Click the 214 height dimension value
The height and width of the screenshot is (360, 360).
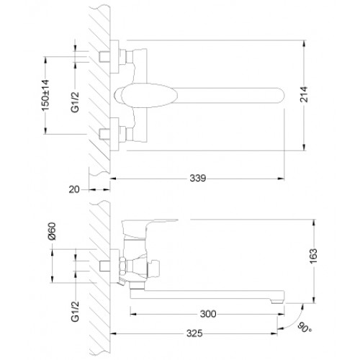tap(304, 94)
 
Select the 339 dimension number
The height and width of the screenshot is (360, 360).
tap(198, 179)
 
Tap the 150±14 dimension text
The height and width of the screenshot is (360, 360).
tap(45, 96)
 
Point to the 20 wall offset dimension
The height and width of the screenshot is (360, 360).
tap(74, 189)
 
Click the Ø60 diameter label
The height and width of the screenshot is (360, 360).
tap(52, 231)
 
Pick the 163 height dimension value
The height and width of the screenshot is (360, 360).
tap(313, 256)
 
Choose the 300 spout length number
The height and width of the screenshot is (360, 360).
tap(208, 314)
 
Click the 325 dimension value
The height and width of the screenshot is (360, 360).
tap(194, 333)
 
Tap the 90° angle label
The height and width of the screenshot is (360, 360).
tap(305, 328)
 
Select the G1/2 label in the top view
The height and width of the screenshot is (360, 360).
tap(75, 102)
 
